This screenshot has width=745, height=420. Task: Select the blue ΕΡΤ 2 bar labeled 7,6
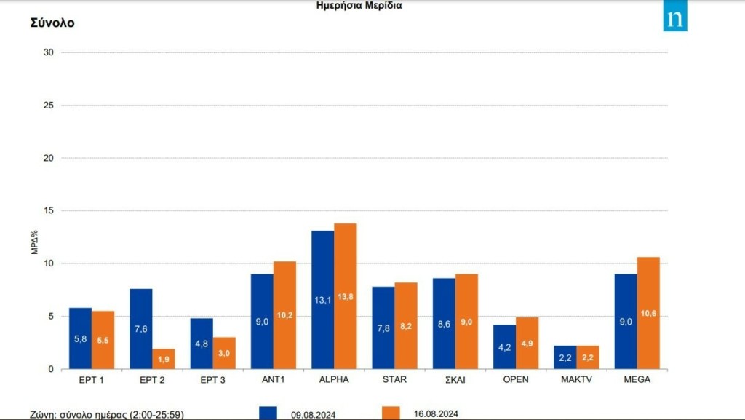click(141, 329)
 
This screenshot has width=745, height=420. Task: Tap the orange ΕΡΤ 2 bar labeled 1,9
click(164, 359)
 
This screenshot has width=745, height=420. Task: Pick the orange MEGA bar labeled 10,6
click(648, 313)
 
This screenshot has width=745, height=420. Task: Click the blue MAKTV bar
click(565, 357)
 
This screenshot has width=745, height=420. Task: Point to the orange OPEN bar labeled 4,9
click(527, 343)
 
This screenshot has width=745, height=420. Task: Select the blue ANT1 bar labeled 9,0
click(262, 322)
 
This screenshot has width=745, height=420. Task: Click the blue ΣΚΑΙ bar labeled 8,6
click(444, 324)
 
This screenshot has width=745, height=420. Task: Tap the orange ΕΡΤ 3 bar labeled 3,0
click(224, 353)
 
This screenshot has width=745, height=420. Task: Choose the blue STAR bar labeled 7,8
click(383, 328)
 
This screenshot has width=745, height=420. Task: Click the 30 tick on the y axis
click(49, 52)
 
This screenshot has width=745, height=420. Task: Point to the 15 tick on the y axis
click(49, 211)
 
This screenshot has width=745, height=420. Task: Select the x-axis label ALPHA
click(334, 379)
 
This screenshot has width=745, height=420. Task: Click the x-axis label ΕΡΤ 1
click(92, 379)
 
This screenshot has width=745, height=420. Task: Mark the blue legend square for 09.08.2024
click(269, 413)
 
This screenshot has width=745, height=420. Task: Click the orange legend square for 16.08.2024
click(391, 413)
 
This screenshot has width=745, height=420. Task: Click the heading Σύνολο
click(52, 23)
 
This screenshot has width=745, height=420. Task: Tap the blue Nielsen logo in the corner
click(675, 20)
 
